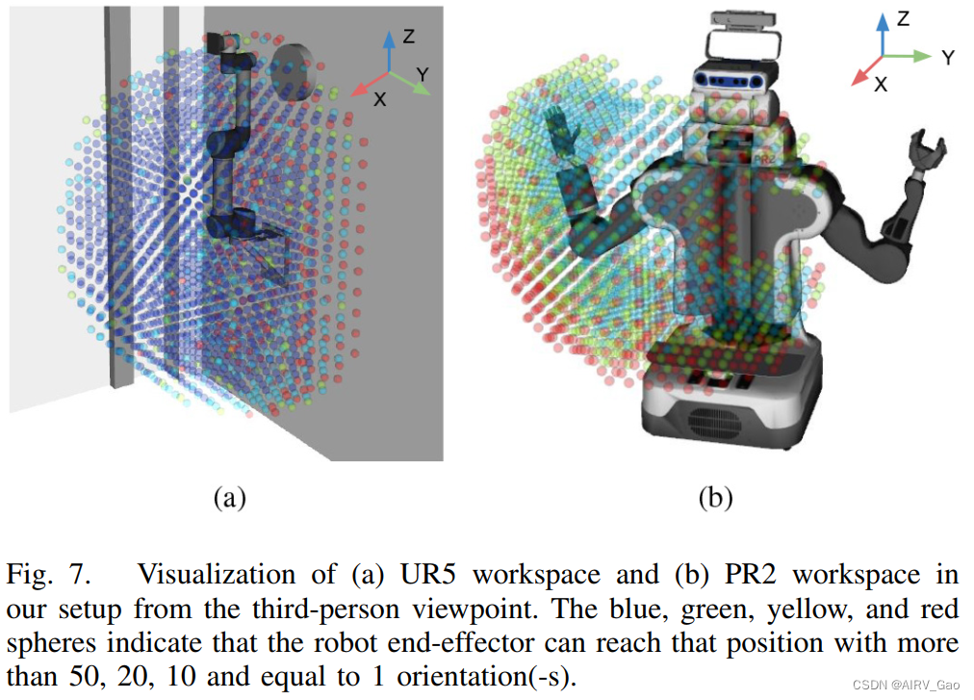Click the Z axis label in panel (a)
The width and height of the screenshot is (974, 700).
point(409,37)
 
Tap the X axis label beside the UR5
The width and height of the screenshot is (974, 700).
point(380,99)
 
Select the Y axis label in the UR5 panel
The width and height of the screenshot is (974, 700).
point(423,73)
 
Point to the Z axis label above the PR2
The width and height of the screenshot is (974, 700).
point(903,18)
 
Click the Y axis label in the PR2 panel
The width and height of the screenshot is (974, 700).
point(948,58)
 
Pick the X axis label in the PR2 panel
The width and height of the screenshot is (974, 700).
point(880,84)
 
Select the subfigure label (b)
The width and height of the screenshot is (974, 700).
point(714,497)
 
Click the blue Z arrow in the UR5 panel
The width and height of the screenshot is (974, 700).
point(387,50)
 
